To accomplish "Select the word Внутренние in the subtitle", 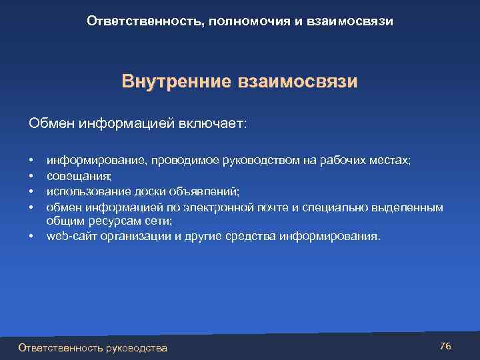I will (175, 82).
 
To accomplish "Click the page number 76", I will (446, 346).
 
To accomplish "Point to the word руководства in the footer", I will (137, 347).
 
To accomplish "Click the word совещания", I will (79, 177).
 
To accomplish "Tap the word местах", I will (390, 161).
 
